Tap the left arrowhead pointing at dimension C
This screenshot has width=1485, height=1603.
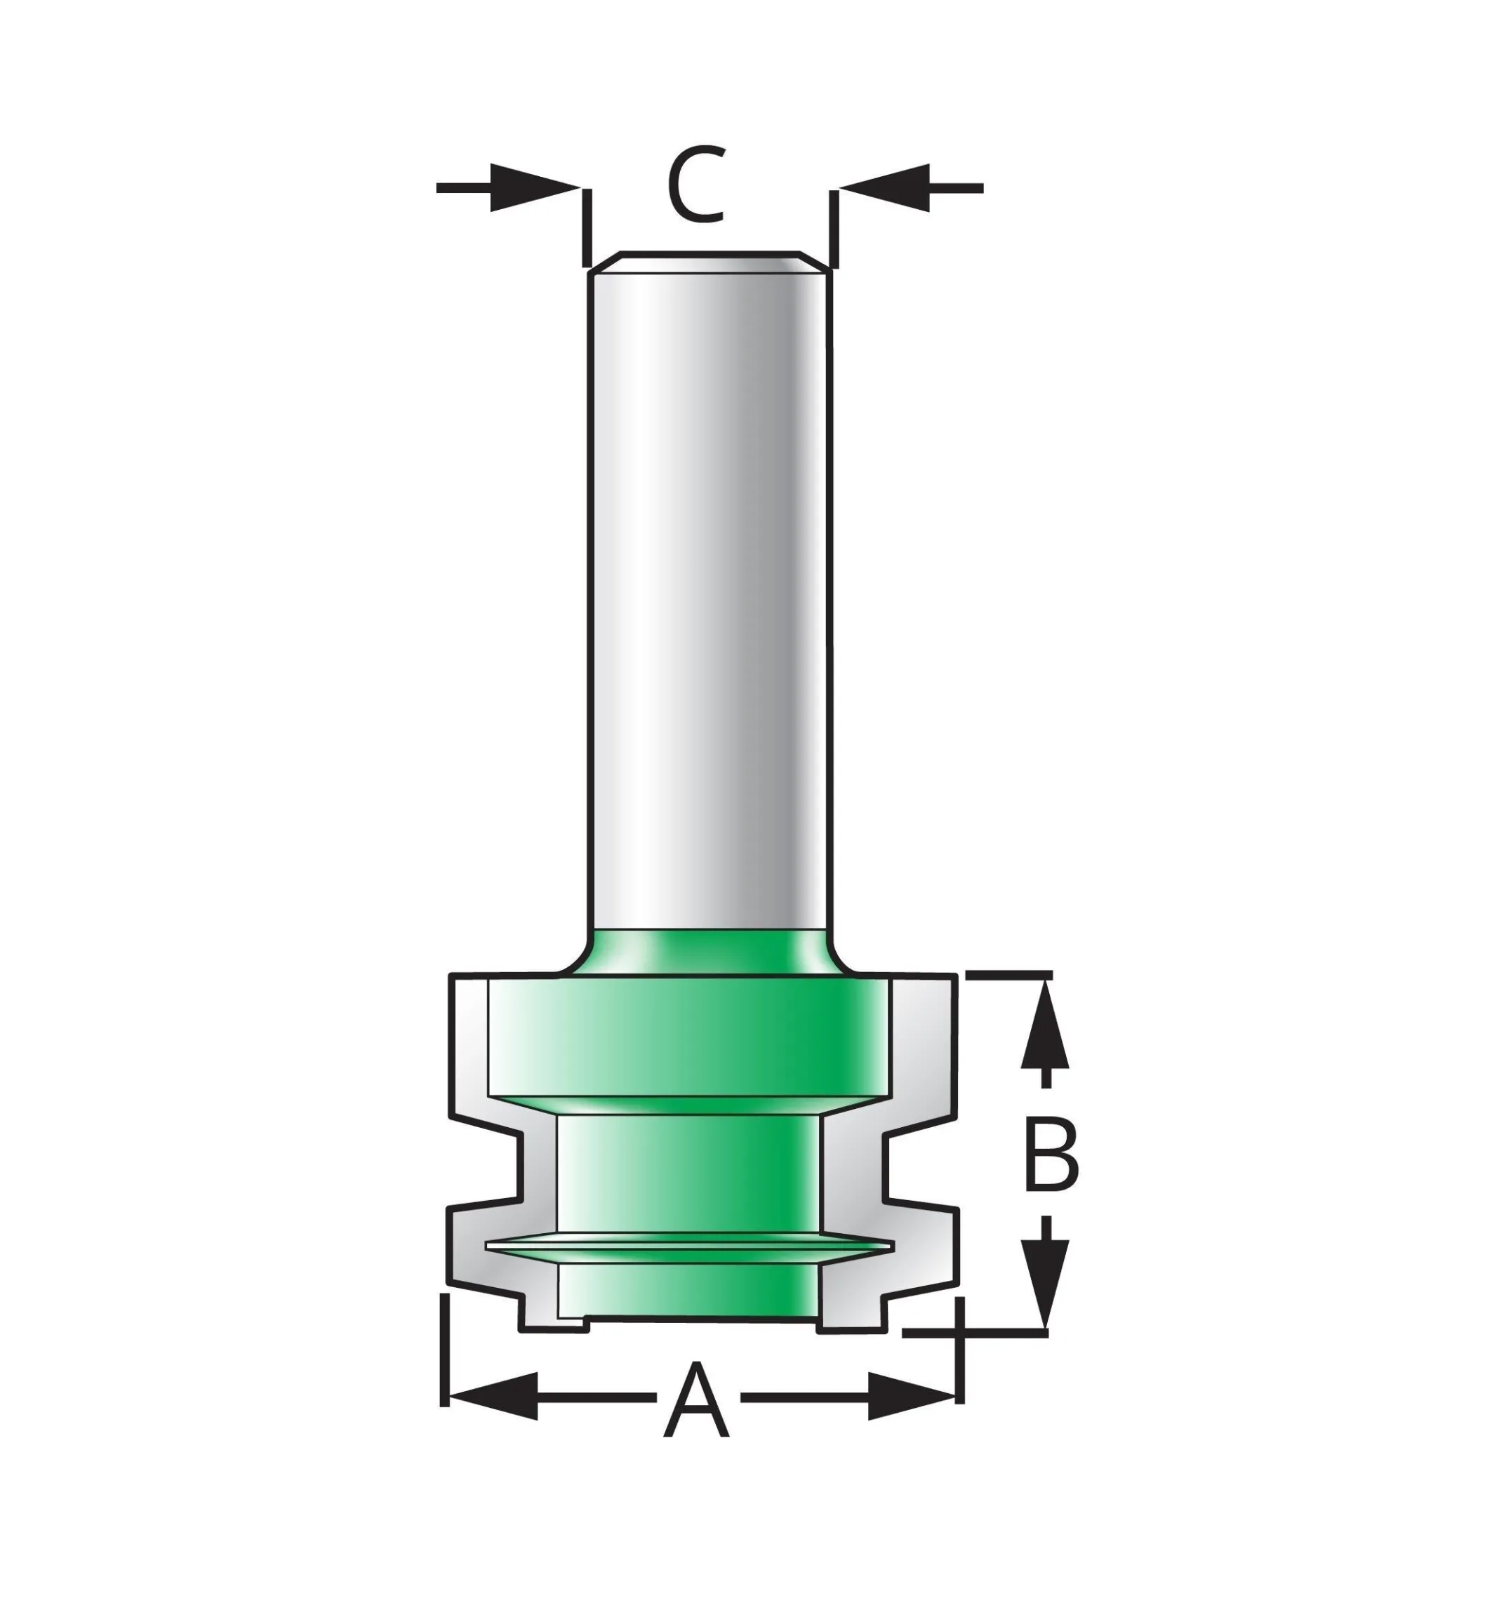[x=534, y=188]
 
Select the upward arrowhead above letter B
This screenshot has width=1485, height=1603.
[x=1045, y=1025]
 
